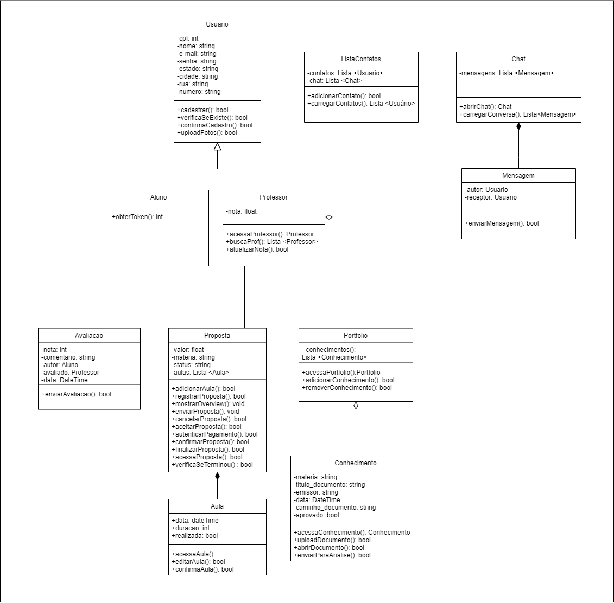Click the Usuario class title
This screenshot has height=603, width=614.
coord(217,24)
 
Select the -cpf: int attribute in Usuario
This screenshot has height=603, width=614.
coord(188,39)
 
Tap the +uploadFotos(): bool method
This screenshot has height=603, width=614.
coord(207,133)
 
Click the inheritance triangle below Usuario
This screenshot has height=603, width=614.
coord(217,146)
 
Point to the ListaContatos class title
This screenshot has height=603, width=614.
coord(361,59)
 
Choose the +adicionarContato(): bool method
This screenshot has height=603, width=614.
coord(344,96)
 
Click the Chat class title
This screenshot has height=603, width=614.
coord(518,59)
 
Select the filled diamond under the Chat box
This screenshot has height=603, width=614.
coord(518,127)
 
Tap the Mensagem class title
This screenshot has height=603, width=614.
coord(518,176)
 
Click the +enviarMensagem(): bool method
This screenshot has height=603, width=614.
coord(502,223)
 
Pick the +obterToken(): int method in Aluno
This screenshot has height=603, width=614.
coord(137,217)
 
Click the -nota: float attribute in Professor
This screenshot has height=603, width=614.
coord(242,211)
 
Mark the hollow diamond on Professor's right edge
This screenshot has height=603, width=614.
coord(329,217)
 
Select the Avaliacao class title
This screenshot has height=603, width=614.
coord(89,336)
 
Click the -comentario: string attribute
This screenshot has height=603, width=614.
coord(68,357)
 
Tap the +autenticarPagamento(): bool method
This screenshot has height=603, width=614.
coord(214,434)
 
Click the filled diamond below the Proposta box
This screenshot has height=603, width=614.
coord(217,477)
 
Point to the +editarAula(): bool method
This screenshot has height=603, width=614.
coord(198,562)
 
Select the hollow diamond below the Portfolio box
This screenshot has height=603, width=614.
coord(356,406)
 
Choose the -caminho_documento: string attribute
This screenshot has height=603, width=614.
coord(334,508)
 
